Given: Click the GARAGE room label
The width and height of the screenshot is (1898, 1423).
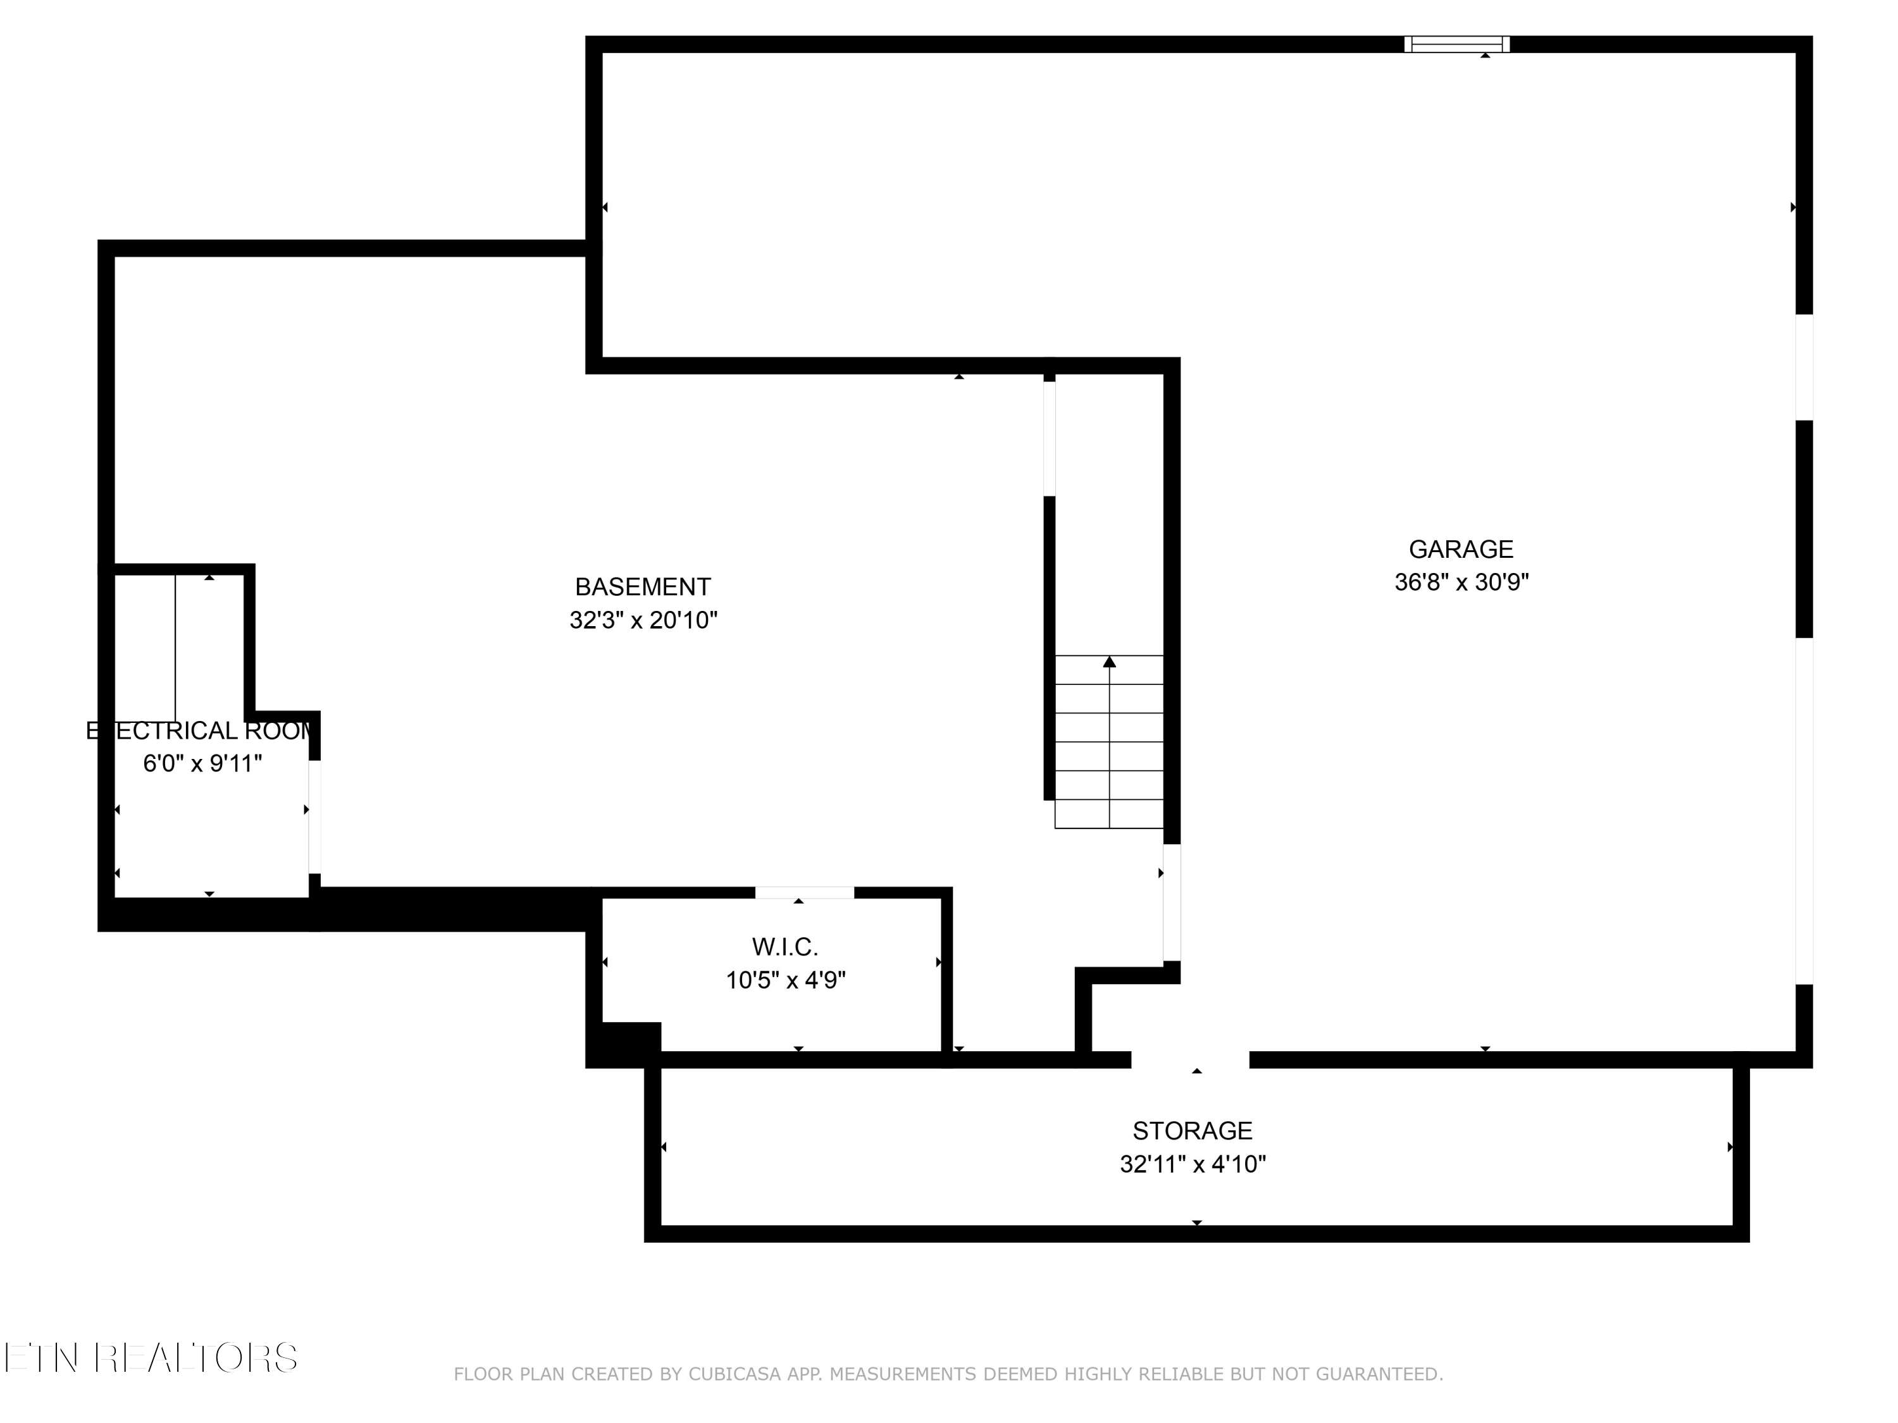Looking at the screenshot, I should pos(1460,549).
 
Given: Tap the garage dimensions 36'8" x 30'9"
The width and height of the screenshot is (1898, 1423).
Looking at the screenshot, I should pos(1460,582).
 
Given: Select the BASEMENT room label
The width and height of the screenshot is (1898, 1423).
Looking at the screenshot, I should pos(643,587).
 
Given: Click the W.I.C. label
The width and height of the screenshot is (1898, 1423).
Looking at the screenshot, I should pos(785,947).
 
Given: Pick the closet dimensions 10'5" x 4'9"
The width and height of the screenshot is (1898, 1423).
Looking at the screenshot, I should pos(785,980).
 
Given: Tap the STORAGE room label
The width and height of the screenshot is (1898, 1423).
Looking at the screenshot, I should pos(1192,1131).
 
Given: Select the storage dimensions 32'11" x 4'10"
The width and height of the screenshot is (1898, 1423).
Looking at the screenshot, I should pos(1192,1164).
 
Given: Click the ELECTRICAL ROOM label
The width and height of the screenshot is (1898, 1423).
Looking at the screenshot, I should pos(202,731).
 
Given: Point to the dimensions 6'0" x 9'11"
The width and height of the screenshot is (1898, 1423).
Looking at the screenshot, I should pos(202,763).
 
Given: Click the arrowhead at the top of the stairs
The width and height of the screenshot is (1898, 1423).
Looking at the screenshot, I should pos(1110,662).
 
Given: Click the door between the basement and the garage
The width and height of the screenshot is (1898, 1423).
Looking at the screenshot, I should pos(1171,902).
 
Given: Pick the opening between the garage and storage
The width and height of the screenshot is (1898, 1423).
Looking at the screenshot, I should pos(1190,1059).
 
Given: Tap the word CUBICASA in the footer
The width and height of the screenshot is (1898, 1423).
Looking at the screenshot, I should pos(734,1375).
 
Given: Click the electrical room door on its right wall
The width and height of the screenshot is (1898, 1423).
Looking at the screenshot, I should pos(315,816).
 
